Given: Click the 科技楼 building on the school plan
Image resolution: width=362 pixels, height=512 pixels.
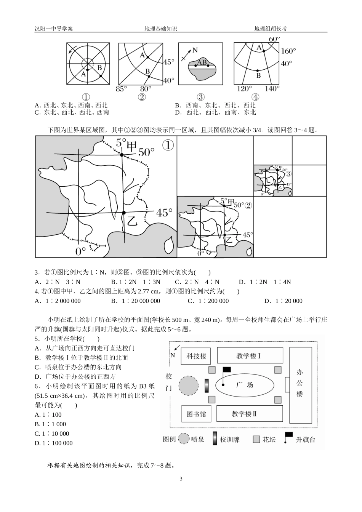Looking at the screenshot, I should click(196, 356).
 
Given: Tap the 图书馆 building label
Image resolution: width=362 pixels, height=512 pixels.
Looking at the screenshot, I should click(196, 414).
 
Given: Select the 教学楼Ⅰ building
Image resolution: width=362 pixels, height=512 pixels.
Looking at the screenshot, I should click(250, 356).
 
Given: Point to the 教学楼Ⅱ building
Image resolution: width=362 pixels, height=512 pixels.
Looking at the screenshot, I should click(250, 414).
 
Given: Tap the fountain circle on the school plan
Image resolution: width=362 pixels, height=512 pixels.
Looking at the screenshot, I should click(189, 385).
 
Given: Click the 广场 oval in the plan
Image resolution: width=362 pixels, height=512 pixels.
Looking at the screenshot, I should click(244, 385).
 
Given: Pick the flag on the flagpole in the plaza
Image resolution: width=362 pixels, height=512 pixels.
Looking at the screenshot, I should click(227, 369).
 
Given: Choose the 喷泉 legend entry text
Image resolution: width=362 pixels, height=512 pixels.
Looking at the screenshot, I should click(198, 439).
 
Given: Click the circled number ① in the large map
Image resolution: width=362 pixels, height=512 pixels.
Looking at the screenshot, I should click(168, 145).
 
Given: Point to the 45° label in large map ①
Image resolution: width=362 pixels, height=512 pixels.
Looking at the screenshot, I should click(164, 213).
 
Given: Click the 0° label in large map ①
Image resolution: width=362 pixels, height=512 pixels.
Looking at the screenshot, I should click(81, 251).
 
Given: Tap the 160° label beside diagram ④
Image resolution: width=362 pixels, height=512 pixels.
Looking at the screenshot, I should click(288, 51).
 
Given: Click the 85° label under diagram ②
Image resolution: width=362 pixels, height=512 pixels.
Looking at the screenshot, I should click(121, 89).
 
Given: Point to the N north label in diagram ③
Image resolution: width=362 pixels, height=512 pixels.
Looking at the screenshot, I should click(195, 50).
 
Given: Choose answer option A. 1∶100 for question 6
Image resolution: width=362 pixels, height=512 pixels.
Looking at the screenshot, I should click(48, 414).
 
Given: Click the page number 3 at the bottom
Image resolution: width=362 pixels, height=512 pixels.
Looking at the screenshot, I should click(181, 479).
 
